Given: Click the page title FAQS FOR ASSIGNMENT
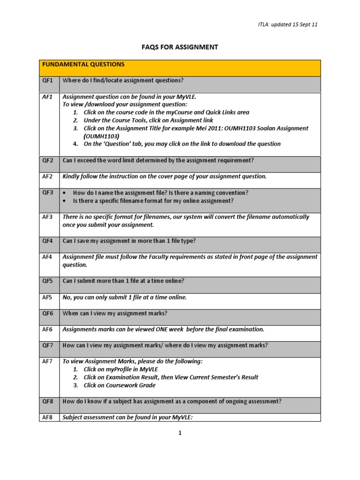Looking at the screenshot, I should [180, 47].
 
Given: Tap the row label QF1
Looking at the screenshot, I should [48, 81].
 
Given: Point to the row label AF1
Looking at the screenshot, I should [48, 97].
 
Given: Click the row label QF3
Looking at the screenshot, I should [48, 193].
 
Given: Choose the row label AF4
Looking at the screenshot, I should [48, 257].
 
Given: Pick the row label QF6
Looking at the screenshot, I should [48, 313].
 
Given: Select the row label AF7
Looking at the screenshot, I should [48, 361].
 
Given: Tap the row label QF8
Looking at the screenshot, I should [48, 401].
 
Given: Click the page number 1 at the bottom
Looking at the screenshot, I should [180, 433].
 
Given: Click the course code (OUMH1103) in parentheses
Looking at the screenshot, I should [102, 136].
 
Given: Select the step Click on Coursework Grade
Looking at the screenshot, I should [120, 385].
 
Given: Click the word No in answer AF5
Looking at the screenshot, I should [67, 297].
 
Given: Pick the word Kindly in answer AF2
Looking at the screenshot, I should [72, 176].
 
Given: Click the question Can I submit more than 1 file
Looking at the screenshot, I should [123, 281].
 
